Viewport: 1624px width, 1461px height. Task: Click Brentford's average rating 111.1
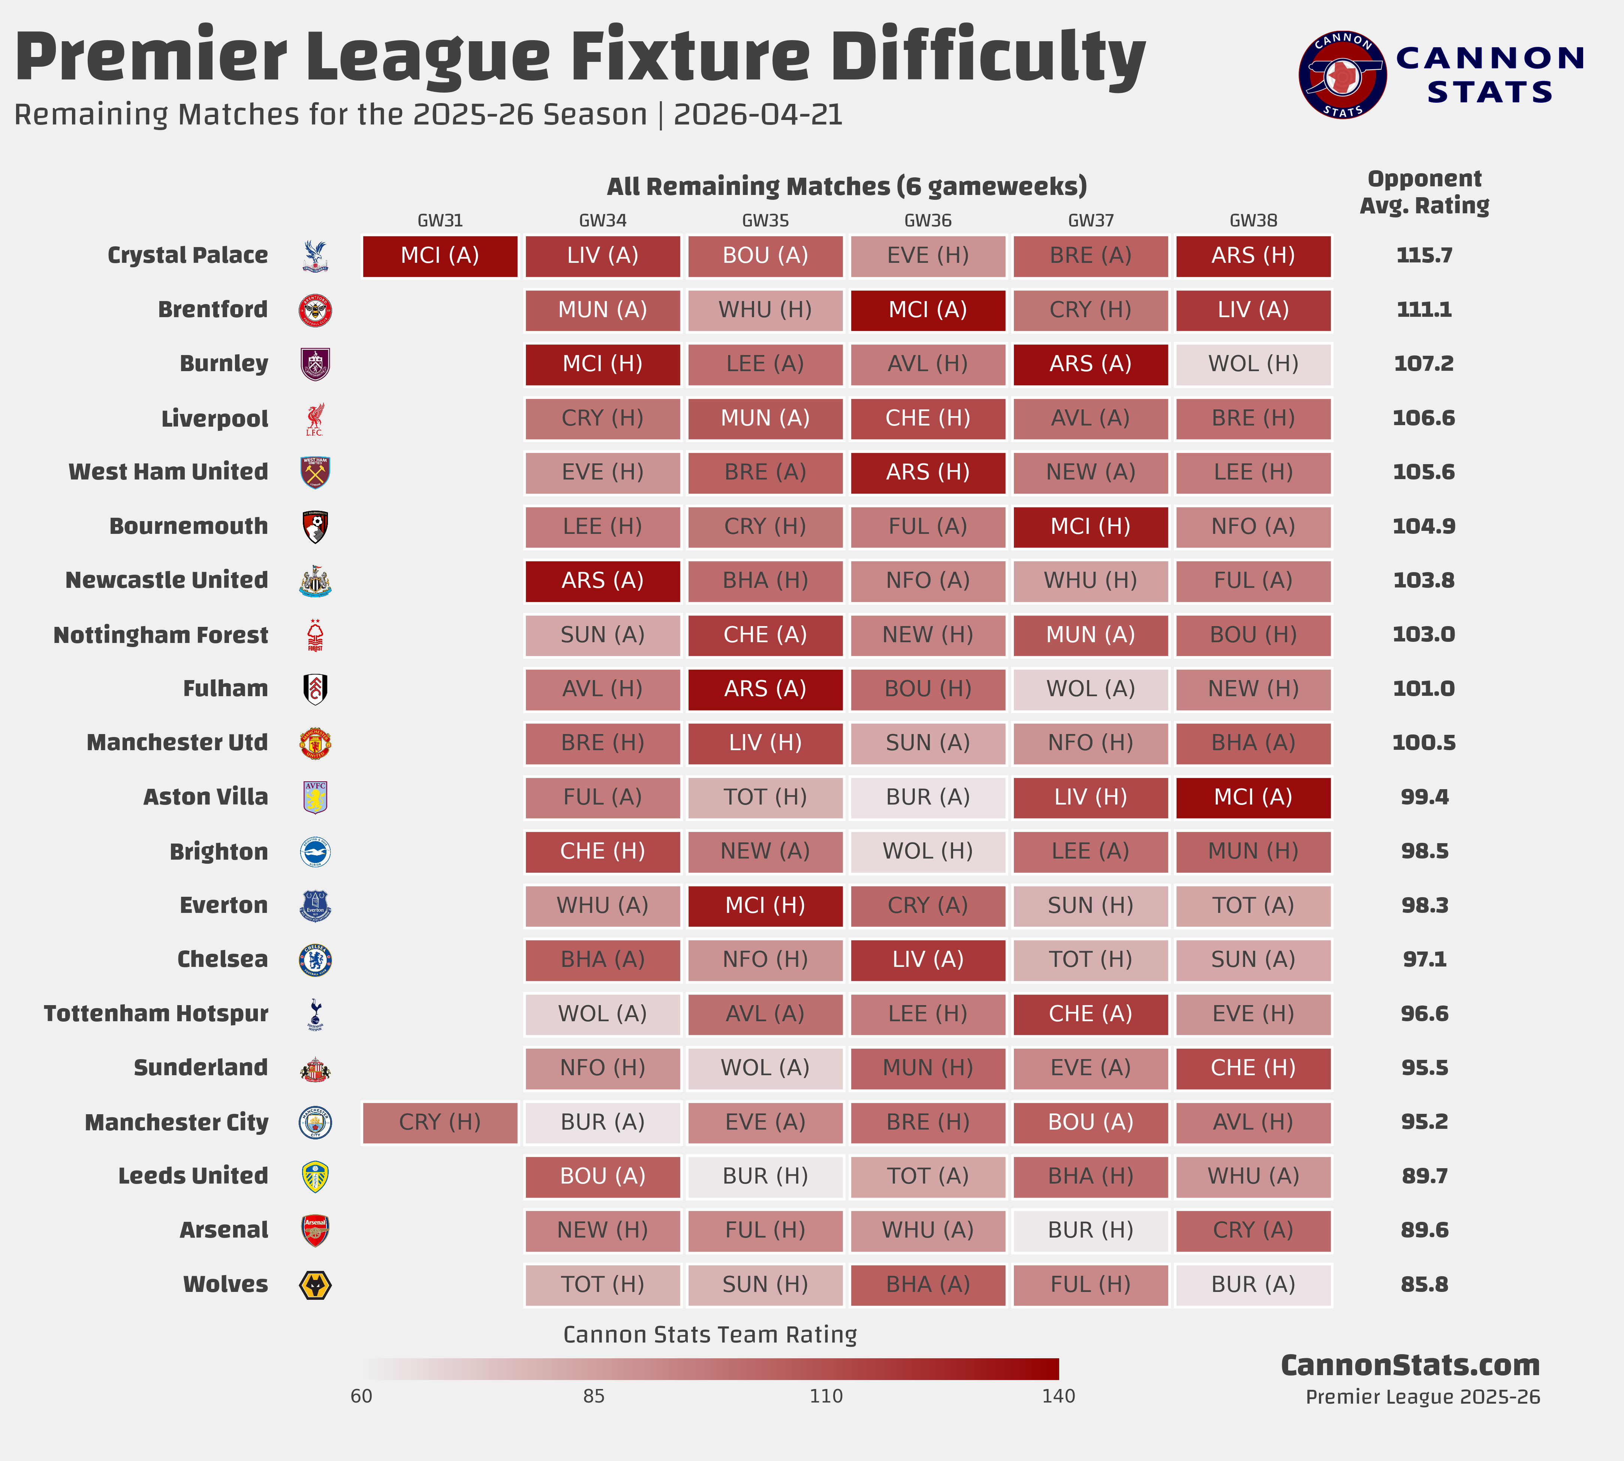click(1424, 310)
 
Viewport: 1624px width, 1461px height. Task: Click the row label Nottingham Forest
click(160, 635)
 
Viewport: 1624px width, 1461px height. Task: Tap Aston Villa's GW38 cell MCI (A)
click(1253, 797)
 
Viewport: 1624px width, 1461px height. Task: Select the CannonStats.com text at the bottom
click(1410, 1365)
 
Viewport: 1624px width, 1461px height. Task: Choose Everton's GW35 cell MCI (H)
click(765, 905)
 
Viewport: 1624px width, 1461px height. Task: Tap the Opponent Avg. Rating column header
click(1424, 192)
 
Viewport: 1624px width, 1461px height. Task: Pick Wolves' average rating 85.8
click(1424, 1284)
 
